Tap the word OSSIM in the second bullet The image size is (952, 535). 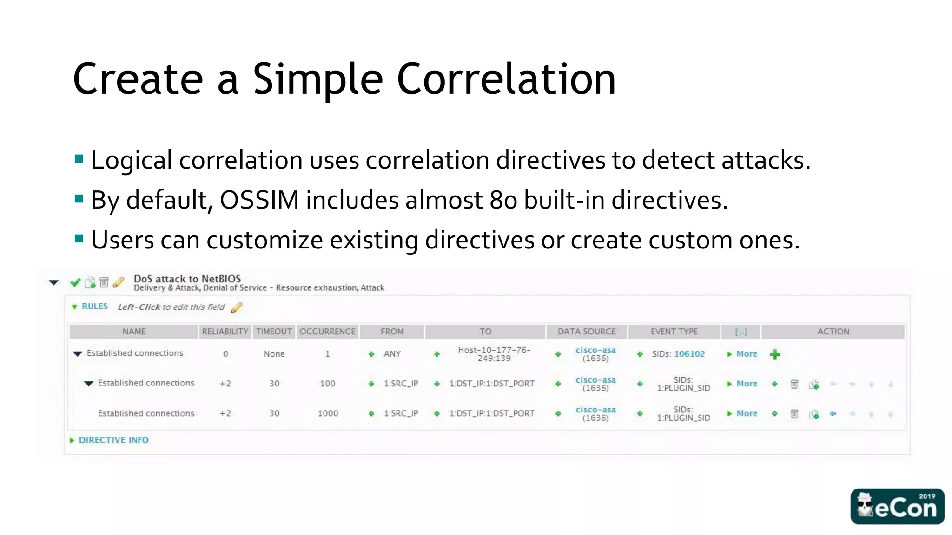pos(259,200)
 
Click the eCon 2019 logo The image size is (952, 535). pos(897,506)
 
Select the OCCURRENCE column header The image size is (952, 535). pos(327,332)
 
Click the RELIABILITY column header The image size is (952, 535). pos(225,332)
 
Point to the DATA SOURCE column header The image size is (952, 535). pos(586,332)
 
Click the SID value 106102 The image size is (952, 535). pos(689,354)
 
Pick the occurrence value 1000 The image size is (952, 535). pos(328,413)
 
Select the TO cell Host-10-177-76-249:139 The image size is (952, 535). pos(494,354)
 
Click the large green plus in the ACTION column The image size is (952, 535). pos(775,355)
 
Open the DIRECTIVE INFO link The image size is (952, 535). pos(113,440)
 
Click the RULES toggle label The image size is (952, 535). pos(94,307)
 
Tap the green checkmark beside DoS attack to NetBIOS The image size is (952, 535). pos(75,282)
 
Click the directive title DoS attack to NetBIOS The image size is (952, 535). pos(187,279)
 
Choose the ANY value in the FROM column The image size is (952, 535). pos(392,354)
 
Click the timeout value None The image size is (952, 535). pos(274,354)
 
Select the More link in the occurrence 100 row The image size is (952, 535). pos(747,384)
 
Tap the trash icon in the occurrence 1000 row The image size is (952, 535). pos(794,414)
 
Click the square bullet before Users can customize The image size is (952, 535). pos(79,239)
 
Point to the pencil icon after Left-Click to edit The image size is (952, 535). pos(237,307)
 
